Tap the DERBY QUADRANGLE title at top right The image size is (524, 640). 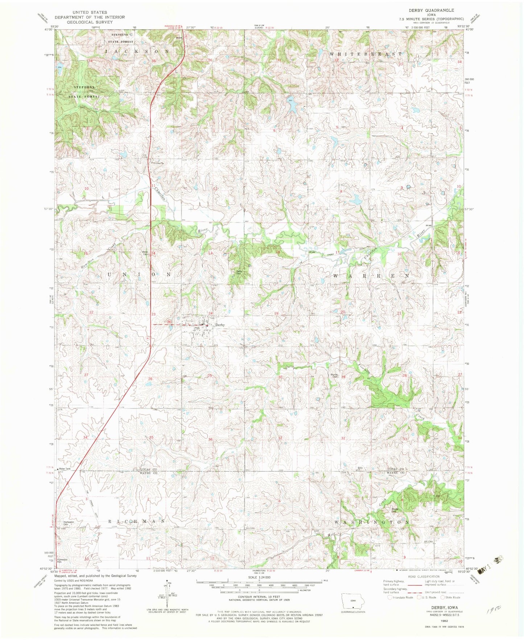click(431, 11)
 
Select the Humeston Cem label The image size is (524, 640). click(69, 523)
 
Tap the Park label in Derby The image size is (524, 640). click(197, 328)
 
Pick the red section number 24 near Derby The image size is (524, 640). click(210, 313)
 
